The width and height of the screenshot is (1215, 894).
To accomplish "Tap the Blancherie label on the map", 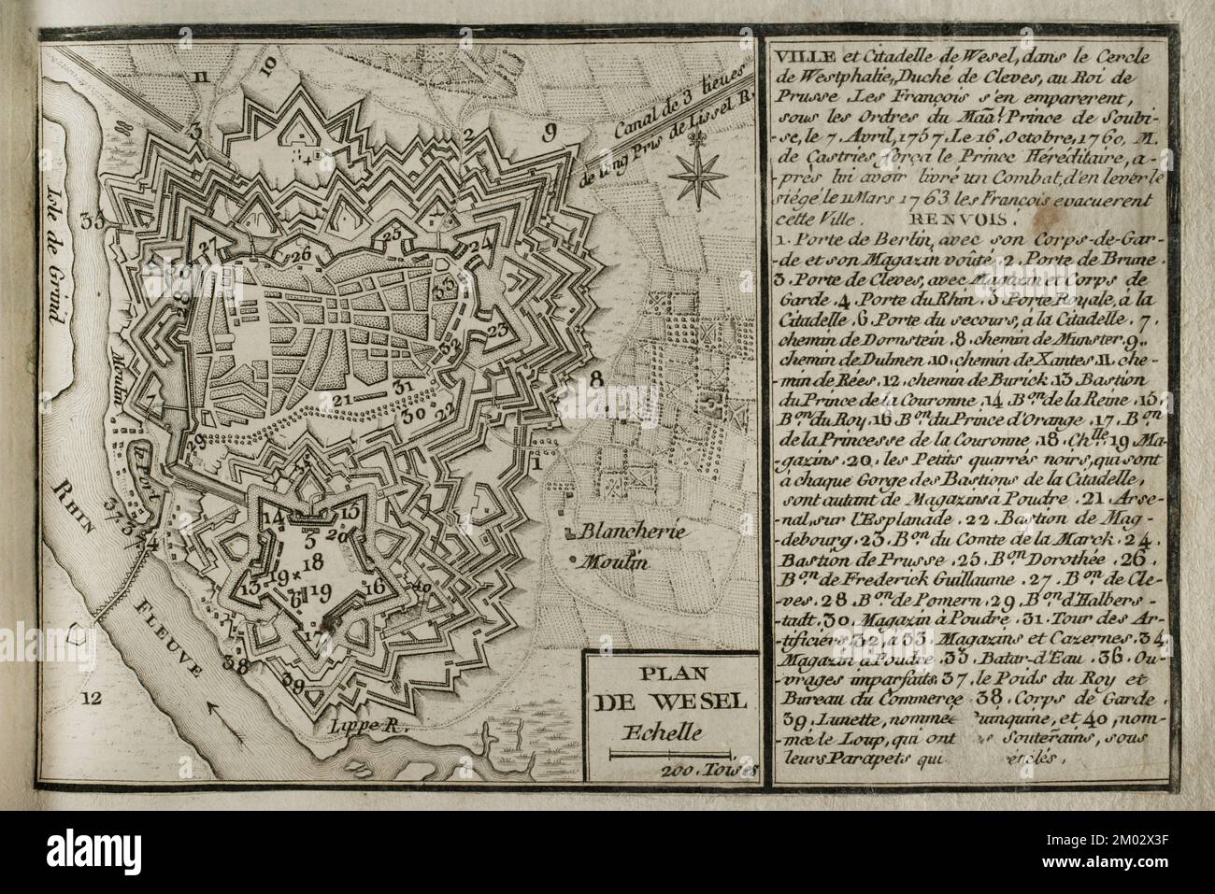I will [x=625, y=532].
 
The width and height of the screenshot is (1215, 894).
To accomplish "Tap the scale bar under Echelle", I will [x=667, y=751].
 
